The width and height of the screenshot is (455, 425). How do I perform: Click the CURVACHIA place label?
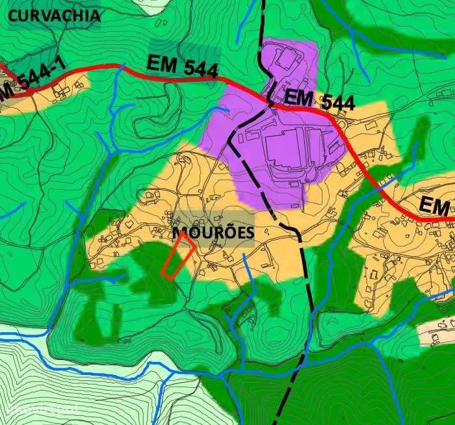(x=51, y=14)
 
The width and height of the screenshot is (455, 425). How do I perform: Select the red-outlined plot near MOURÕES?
(x=177, y=257)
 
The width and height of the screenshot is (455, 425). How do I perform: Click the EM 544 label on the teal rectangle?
(x=182, y=65)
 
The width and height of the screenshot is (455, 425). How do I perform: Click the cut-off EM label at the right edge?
(x=434, y=206)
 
